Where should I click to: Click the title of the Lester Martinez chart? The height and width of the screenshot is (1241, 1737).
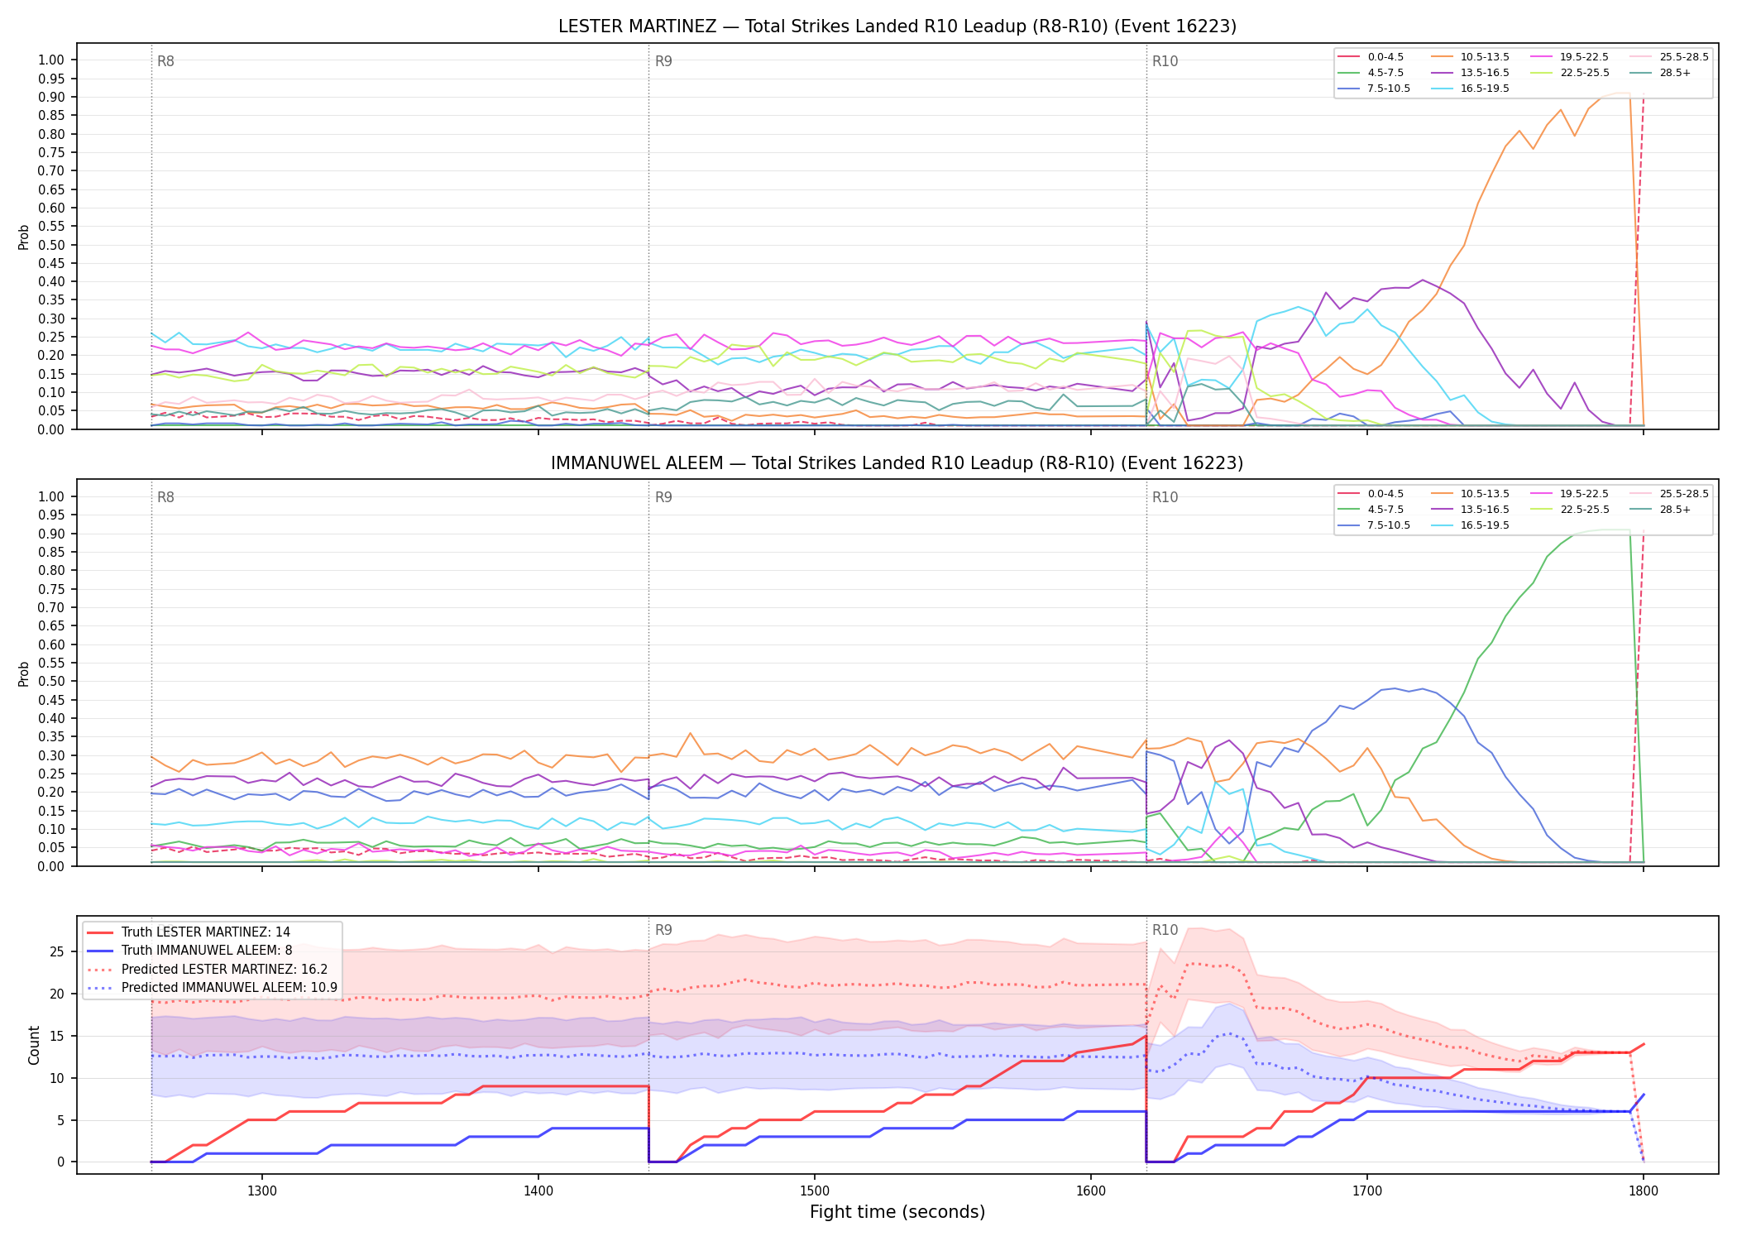(897, 26)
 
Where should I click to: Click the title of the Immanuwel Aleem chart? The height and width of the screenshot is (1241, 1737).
(897, 463)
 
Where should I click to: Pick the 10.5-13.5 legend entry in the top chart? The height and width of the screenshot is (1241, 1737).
(1470, 57)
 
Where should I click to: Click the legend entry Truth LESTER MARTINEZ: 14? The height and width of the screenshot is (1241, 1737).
(189, 932)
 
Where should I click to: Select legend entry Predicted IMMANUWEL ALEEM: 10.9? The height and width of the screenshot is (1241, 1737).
(212, 988)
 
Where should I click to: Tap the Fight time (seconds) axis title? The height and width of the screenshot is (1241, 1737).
(897, 1213)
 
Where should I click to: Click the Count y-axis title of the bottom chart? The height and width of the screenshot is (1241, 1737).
(34, 1045)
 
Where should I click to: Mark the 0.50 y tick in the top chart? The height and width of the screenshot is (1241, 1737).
(51, 245)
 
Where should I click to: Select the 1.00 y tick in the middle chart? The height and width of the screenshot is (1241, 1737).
(51, 496)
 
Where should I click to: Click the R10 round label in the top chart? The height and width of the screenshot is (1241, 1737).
(1165, 61)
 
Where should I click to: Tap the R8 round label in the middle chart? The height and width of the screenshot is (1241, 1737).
(165, 497)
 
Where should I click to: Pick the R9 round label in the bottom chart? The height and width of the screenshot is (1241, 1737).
(663, 930)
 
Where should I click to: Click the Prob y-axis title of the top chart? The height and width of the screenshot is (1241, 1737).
(24, 237)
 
